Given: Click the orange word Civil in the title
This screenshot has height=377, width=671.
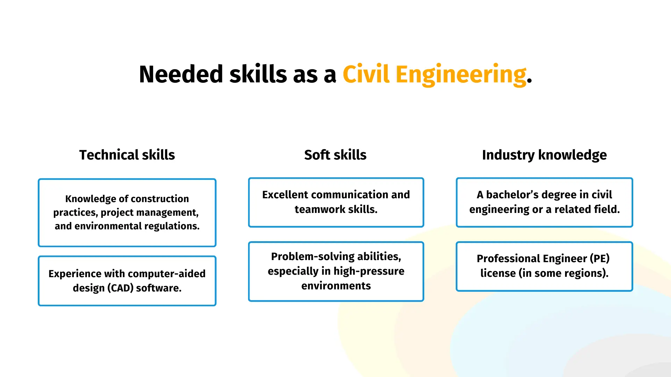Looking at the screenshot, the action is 366,74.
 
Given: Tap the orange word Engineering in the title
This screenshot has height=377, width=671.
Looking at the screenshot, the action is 461,75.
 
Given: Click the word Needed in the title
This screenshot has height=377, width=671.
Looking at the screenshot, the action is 181,74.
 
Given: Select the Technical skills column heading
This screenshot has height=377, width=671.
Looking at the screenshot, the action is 127,155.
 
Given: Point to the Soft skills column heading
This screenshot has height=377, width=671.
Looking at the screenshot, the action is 335,155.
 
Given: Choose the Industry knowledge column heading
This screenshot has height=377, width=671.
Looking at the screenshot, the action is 544,155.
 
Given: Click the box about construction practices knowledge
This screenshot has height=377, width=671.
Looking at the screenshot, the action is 127,213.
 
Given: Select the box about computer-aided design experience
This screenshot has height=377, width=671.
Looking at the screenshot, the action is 127,281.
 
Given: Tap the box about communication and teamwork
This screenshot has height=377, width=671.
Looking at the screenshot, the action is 336,202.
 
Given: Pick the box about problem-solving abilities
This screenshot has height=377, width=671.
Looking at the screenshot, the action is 336,271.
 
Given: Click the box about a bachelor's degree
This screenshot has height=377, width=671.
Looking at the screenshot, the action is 544,202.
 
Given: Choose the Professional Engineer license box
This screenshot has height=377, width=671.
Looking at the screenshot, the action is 544,266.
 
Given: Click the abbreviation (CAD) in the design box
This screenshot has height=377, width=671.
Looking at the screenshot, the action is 120,288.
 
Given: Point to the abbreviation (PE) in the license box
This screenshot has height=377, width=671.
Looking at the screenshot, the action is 600,258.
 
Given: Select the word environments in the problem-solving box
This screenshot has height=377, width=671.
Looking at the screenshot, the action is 336,286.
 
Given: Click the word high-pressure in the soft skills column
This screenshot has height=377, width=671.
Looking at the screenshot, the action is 369,271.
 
